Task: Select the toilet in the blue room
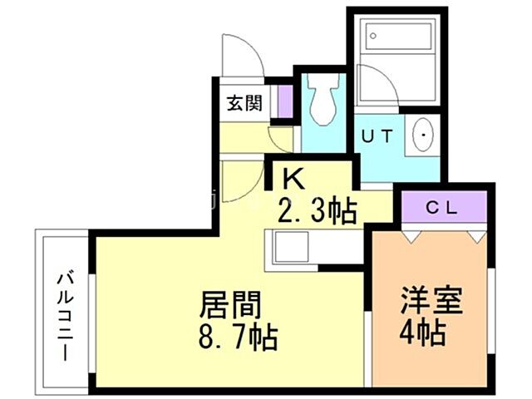(324, 101)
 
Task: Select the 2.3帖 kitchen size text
(318, 211)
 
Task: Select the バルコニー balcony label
(63, 316)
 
